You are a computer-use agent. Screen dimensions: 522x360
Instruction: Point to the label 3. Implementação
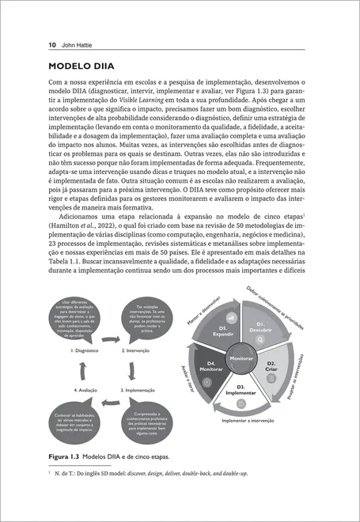coord(138,390)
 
